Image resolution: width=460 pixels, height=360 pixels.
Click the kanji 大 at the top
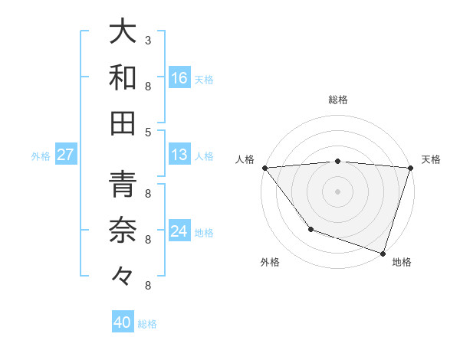coord(123,31)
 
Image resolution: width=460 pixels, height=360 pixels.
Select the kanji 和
coord(123,77)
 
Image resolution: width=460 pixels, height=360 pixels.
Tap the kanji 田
coord(123,123)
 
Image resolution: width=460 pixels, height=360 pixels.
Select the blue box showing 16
coord(179,77)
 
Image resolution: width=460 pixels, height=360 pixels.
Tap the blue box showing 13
coord(179,155)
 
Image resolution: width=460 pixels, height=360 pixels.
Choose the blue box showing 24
coord(179,231)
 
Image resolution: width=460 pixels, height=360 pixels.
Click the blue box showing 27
coord(66,155)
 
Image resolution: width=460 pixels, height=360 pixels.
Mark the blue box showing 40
coord(123,322)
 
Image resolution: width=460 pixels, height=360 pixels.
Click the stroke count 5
coord(148,132)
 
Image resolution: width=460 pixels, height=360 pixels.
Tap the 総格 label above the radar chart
coord(337,100)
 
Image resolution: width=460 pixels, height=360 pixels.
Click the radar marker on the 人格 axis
coord(264,168)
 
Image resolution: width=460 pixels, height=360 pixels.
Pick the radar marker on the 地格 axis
coord(383,253)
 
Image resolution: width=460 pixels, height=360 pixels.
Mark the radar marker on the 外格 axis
coord(310,228)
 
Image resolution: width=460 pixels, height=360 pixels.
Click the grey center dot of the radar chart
coord(337,191)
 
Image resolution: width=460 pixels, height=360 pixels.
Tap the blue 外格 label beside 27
coord(41,155)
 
